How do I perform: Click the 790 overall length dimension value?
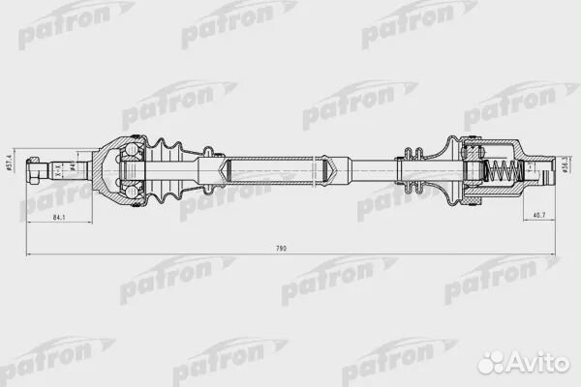282,249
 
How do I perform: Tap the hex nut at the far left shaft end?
36,171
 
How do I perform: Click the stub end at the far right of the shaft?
542,173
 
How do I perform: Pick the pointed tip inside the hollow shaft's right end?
334,172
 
